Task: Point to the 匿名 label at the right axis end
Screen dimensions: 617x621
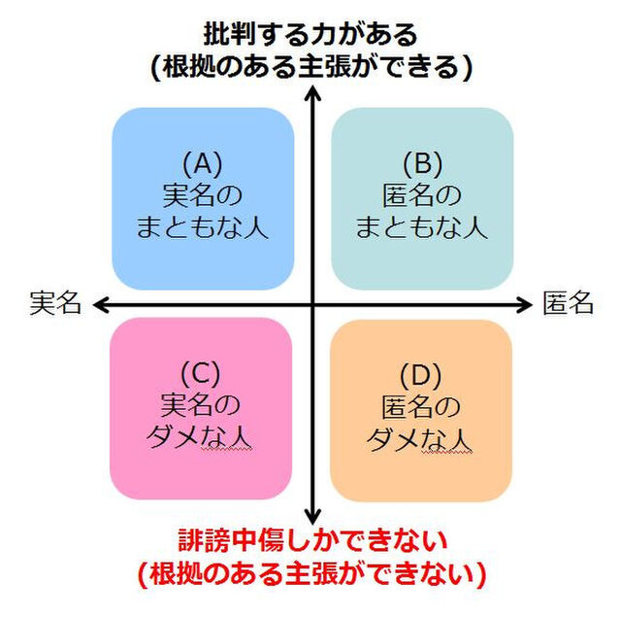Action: (x=568, y=303)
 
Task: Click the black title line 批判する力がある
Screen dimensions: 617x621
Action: (x=310, y=34)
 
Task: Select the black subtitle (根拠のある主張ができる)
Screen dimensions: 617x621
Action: (x=310, y=66)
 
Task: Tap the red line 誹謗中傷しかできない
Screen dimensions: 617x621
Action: (x=310, y=539)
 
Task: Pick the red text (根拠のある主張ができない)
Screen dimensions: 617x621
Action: (x=310, y=573)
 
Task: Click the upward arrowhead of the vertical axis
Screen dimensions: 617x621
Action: (x=312, y=95)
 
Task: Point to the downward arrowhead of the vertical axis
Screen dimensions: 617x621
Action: (x=312, y=515)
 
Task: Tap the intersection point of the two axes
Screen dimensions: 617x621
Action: (x=312, y=305)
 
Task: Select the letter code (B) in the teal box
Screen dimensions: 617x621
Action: (x=422, y=162)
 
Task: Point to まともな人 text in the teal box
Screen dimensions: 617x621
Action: (x=422, y=228)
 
